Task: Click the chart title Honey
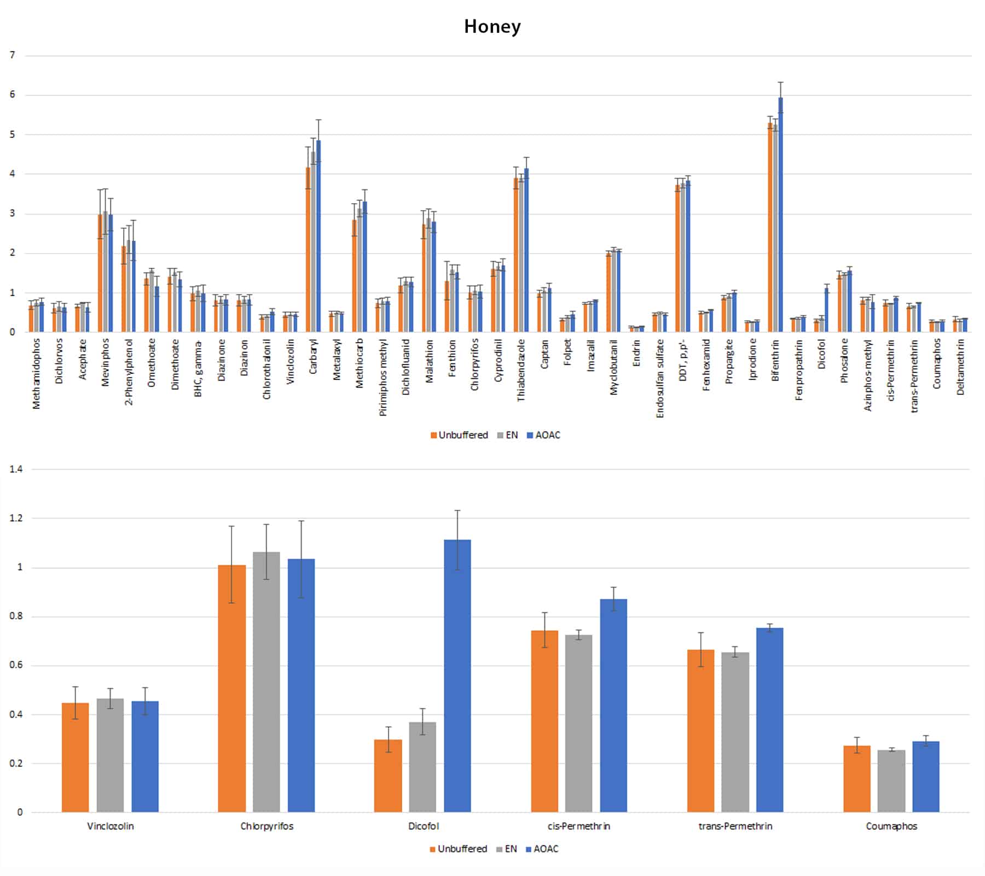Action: pos(492,26)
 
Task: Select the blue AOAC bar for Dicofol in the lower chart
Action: pos(457,676)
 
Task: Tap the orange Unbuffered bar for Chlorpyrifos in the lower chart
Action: pos(231,688)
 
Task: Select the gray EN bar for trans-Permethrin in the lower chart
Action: pos(735,732)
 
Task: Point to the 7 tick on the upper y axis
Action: pos(12,55)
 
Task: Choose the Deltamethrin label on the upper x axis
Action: pos(960,367)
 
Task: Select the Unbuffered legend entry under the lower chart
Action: pos(458,849)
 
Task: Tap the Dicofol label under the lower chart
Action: pos(424,826)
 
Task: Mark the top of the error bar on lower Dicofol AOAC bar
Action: pos(457,510)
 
